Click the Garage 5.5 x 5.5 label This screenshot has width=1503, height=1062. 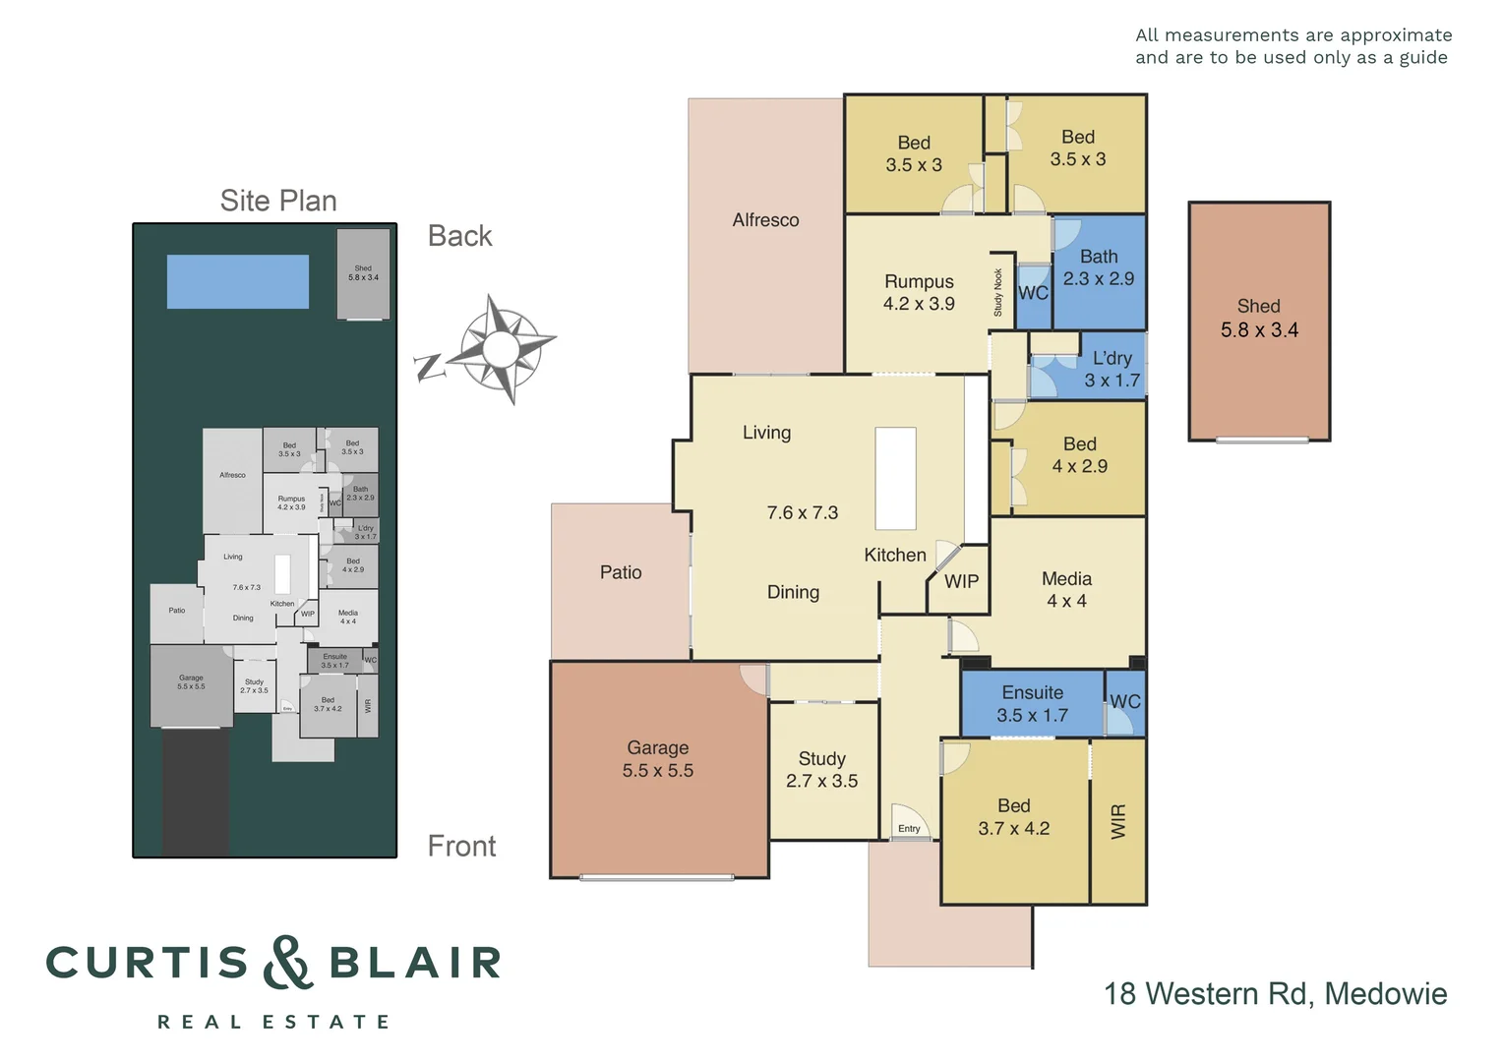(657, 759)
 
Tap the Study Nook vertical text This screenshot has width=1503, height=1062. (997, 293)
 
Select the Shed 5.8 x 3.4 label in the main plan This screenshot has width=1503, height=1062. (1259, 319)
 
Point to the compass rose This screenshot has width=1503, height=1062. (501, 348)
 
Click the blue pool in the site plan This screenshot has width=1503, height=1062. (238, 282)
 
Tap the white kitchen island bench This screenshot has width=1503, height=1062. (895, 479)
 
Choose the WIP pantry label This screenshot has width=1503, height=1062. (961, 581)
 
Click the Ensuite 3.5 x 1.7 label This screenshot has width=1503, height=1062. (1032, 704)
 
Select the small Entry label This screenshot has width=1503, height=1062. (909, 829)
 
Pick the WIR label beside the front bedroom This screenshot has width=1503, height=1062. (1118, 821)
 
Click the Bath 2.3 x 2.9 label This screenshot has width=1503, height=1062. (1098, 267)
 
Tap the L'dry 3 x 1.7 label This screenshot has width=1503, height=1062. (1112, 369)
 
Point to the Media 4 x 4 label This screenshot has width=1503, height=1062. (1066, 590)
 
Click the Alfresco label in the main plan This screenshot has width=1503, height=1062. (765, 220)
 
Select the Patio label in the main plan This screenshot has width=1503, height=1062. (621, 572)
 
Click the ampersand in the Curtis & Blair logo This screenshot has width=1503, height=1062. (287, 963)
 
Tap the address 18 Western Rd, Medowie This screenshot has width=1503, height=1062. (1275, 993)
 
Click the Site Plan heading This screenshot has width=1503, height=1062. (278, 201)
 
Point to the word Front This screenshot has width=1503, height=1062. (461, 847)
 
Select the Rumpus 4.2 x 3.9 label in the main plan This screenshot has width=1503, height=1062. (919, 293)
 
